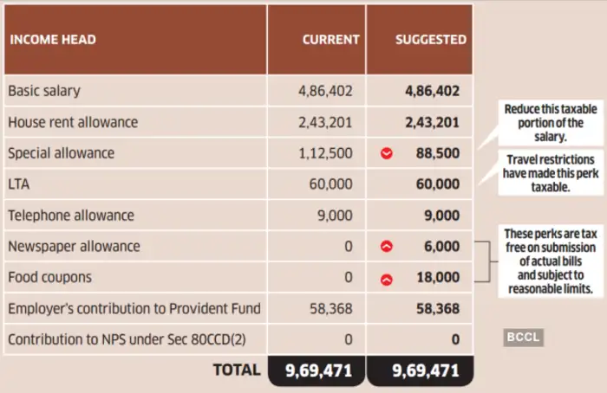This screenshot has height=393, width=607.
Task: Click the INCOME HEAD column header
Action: click(52, 40)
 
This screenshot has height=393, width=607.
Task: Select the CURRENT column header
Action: click(330, 40)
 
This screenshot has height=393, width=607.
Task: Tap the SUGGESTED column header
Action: click(430, 40)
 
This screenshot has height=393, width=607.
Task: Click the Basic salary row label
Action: click(44, 91)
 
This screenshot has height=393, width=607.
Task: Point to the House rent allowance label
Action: click(73, 122)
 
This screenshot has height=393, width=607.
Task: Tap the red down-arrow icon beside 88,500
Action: click(387, 154)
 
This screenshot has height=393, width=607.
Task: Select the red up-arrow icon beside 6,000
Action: click(387, 247)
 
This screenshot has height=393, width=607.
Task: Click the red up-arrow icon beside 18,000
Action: click(387, 279)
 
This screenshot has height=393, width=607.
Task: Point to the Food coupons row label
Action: click(49, 278)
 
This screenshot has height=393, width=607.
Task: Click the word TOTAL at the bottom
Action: click(237, 370)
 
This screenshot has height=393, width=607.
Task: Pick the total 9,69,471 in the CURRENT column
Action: click(318, 370)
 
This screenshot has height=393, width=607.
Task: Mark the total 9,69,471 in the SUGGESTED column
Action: click(425, 370)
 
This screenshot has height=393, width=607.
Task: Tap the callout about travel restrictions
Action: click(550, 173)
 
